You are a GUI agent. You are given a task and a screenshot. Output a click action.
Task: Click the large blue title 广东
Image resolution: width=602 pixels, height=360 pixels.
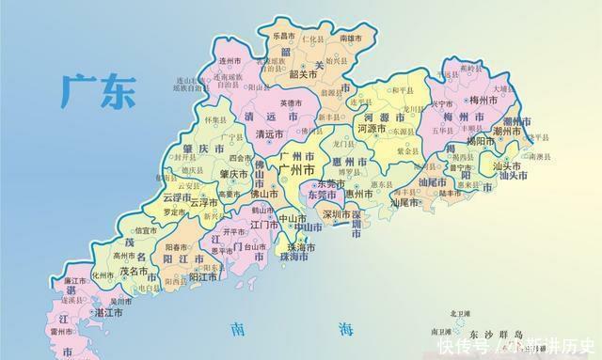[x=98, y=90]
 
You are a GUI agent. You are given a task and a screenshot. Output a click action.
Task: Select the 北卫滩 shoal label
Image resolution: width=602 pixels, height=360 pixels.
[x=462, y=313]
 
